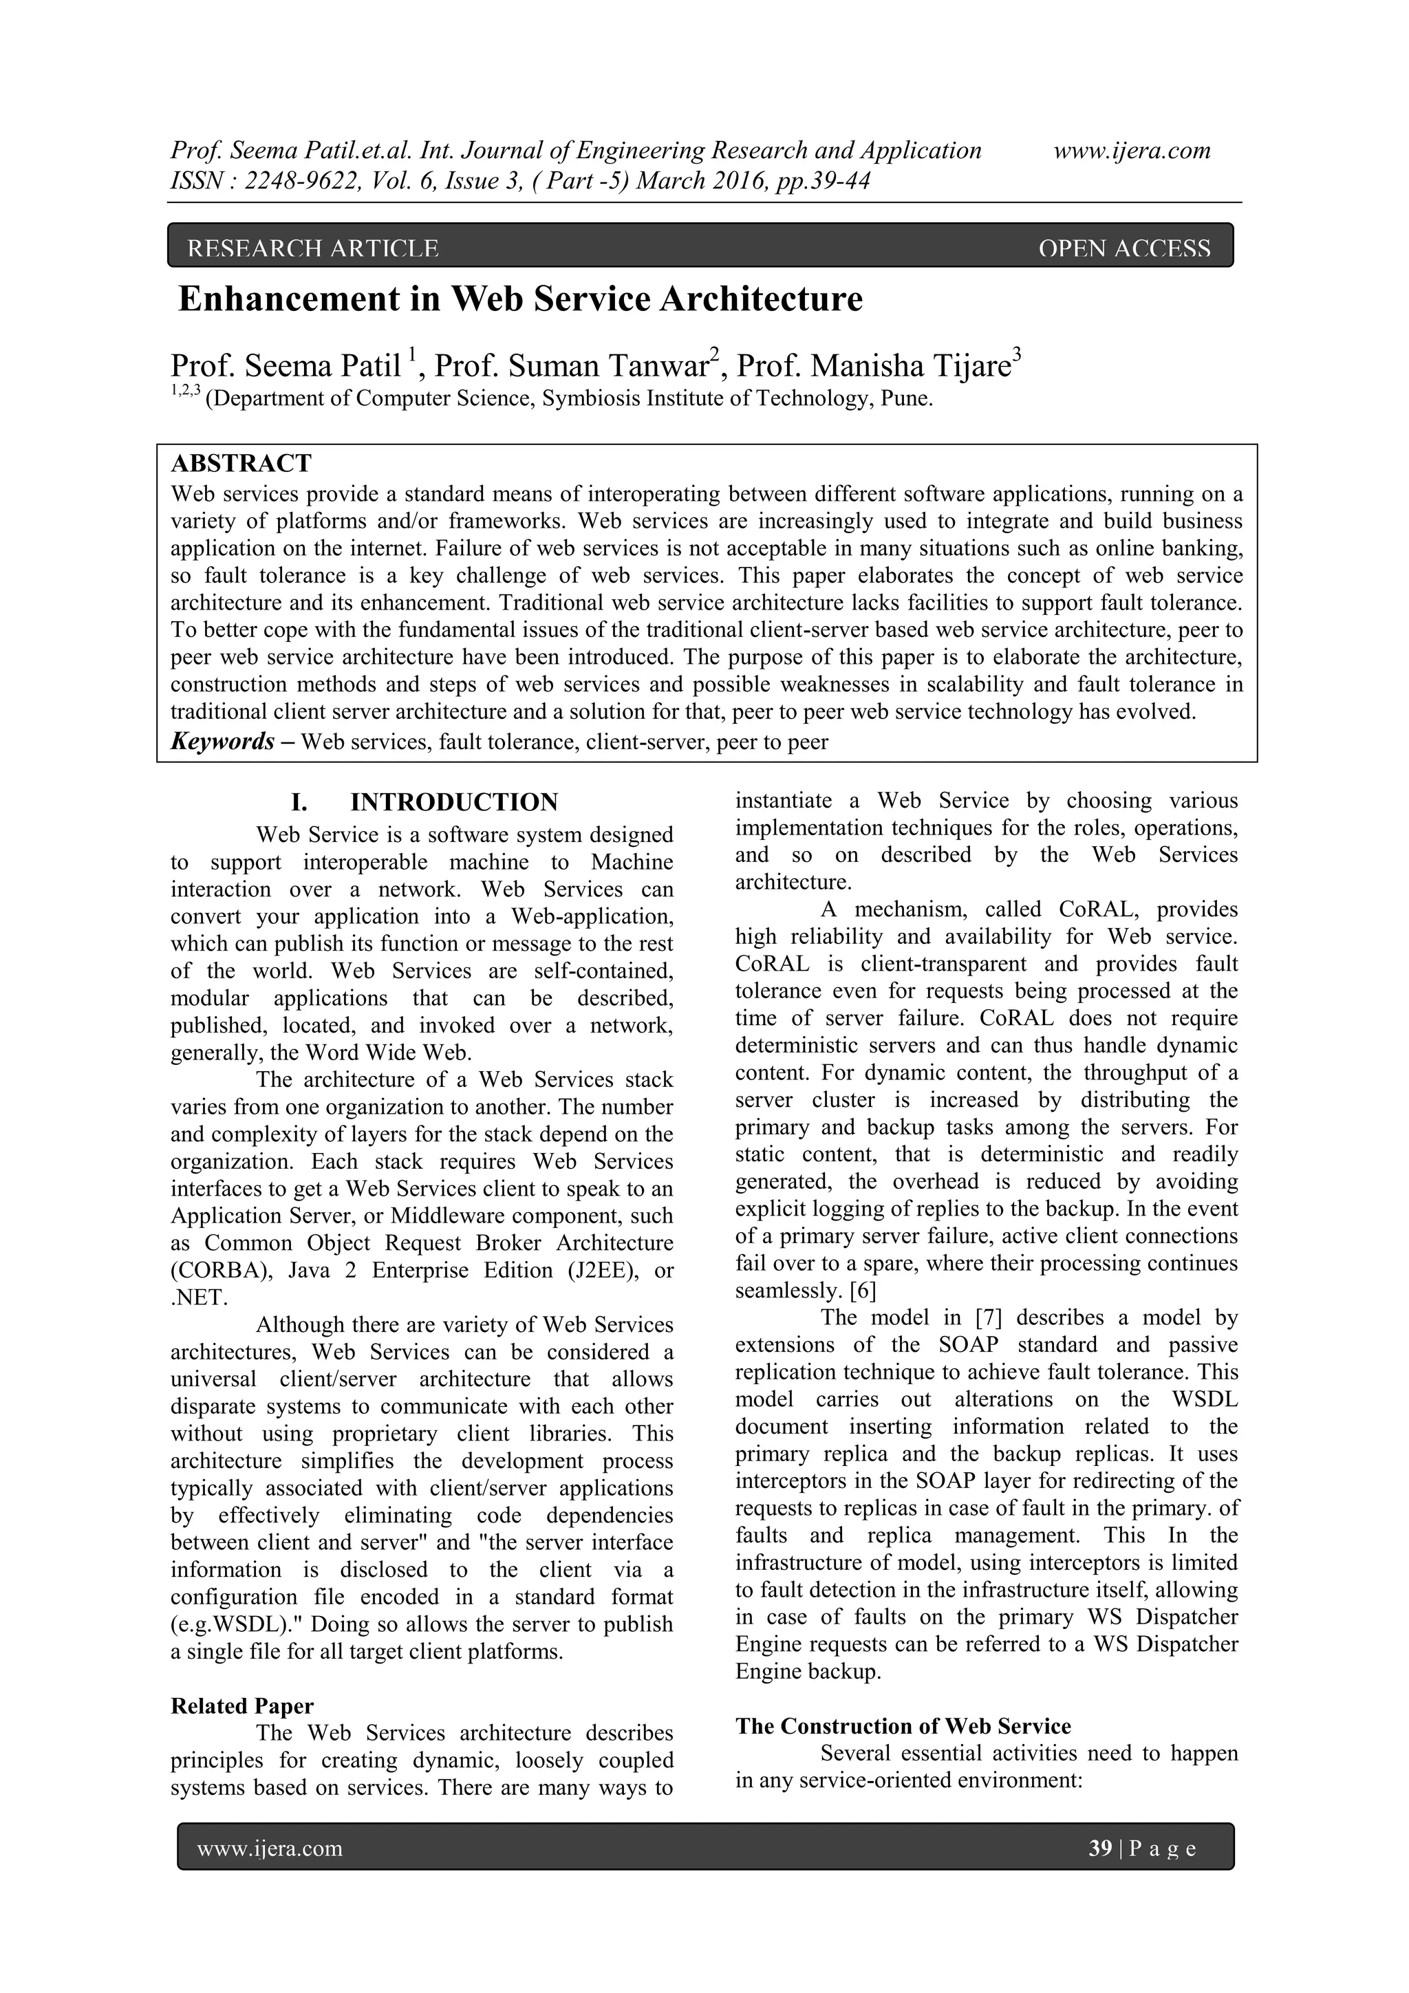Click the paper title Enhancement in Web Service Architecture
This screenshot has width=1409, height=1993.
[x=520, y=299]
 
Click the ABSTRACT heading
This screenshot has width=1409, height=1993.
[x=241, y=463]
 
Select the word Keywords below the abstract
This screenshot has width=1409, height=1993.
[x=222, y=742]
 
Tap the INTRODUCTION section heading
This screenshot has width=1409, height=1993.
[x=453, y=802]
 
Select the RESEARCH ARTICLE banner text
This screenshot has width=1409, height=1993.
[x=312, y=249]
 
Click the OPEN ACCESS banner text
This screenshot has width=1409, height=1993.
[x=1123, y=249]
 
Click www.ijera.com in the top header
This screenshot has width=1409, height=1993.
[x=1131, y=151]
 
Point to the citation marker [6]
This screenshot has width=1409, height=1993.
[x=863, y=1291]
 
